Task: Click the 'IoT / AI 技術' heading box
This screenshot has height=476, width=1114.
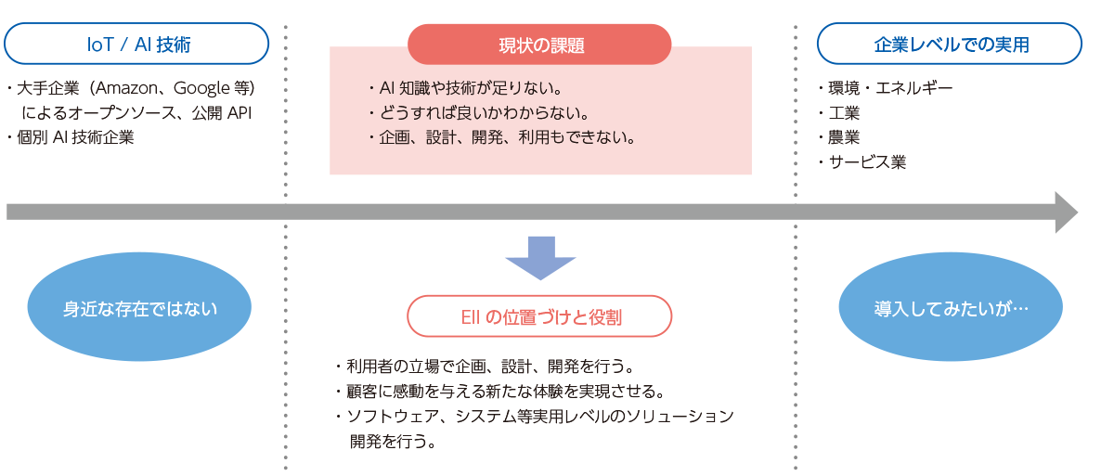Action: [x=137, y=44]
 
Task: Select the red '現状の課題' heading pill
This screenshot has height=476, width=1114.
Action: [x=539, y=45]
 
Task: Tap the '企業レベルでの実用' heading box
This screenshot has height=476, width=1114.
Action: [x=949, y=44]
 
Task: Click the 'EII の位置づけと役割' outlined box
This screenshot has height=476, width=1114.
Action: [x=539, y=316]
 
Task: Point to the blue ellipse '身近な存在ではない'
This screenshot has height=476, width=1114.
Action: [x=139, y=309]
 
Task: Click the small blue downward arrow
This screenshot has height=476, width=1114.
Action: [x=540, y=258]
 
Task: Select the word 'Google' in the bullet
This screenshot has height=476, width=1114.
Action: [x=201, y=89]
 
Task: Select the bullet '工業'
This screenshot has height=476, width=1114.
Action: [x=843, y=113]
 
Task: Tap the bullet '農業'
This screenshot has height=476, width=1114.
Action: [x=843, y=137]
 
